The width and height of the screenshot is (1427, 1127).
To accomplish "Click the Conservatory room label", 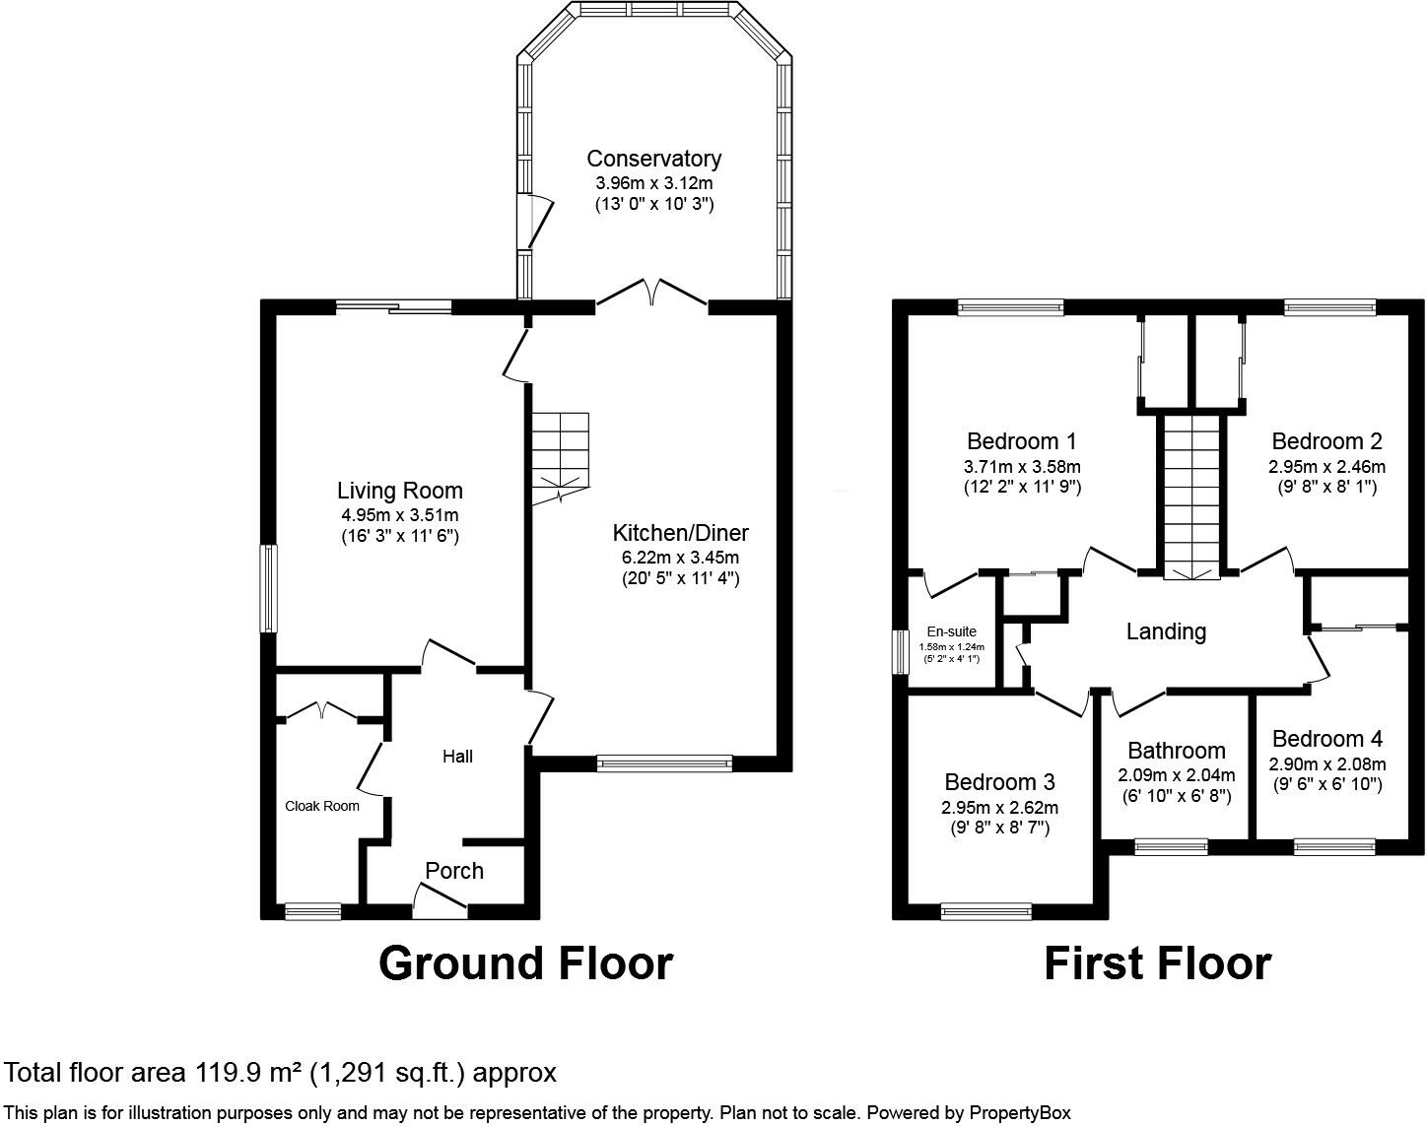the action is (653, 159).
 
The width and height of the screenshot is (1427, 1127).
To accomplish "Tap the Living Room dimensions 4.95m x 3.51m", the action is (400, 515).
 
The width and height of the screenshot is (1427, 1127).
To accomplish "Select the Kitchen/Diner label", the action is (680, 533).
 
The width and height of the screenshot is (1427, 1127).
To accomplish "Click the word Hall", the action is (457, 757).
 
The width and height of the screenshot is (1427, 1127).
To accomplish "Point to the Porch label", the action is (454, 871).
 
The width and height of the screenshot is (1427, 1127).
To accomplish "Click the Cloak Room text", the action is (322, 806).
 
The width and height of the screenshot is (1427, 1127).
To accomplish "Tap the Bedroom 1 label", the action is (1022, 441).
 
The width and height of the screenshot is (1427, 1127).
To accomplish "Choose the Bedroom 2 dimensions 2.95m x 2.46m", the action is (1326, 467).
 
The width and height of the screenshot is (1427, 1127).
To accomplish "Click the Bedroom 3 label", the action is (999, 782).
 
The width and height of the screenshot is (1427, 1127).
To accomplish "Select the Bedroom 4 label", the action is (1327, 739).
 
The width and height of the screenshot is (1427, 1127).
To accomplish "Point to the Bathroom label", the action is (1177, 751).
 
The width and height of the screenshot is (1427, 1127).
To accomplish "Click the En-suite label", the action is (952, 631).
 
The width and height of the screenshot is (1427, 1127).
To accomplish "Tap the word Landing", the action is (1166, 631).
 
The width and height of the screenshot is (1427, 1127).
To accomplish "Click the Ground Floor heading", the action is (526, 963).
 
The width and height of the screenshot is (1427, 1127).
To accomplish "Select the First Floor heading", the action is (1158, 963).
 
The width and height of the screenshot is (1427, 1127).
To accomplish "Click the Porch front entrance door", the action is (440, 900).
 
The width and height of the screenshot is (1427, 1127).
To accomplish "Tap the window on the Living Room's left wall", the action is (268, 589).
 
